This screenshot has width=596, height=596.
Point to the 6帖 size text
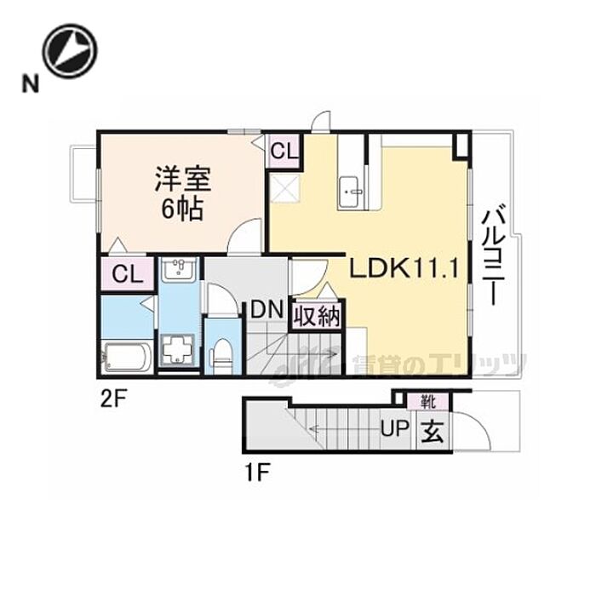point(181,209)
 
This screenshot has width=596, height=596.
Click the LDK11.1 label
point(405,270)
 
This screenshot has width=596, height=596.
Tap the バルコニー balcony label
point(492,249)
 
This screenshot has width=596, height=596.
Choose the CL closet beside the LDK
point(284,152)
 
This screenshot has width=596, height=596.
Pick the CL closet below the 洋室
point(126,274)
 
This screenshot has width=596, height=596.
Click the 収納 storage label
point(318,317)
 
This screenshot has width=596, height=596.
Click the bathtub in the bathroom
point(126,356)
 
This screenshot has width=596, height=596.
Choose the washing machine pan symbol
point(179,350)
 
